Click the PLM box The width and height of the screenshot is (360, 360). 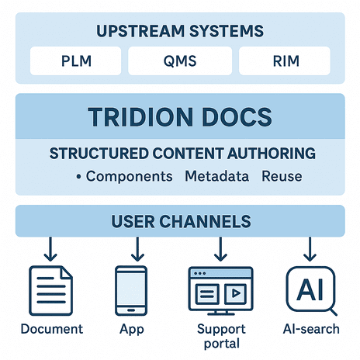[x=75, y=61]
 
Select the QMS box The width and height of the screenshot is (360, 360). [x=180, y=61]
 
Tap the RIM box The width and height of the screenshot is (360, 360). [x=285, y=61]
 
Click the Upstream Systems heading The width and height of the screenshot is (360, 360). [x=180, y=31]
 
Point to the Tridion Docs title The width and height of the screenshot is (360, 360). [x=180, y=117]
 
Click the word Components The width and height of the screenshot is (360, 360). [x=130, y=177]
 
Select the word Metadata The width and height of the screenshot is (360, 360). [x=217, y=176]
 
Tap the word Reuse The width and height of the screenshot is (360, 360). [x=282, y=176]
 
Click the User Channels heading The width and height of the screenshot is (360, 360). [x=181, y=221]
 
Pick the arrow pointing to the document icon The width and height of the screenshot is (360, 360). [x=50, y=249]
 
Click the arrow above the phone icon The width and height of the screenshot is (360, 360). [x=137, y=249]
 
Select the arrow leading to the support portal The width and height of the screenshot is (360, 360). [x=220, y=249]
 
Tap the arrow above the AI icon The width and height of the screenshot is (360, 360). [x=310, y=249]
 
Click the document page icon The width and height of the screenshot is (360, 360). [x=50, y=291]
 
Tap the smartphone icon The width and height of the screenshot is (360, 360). [x=131, y=291]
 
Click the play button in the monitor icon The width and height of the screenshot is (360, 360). [x=236, y=293]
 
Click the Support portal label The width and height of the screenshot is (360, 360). [x=221, y=336]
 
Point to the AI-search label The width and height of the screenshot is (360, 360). [x=311, y=329]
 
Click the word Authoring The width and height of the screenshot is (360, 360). [x=272, y=154]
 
